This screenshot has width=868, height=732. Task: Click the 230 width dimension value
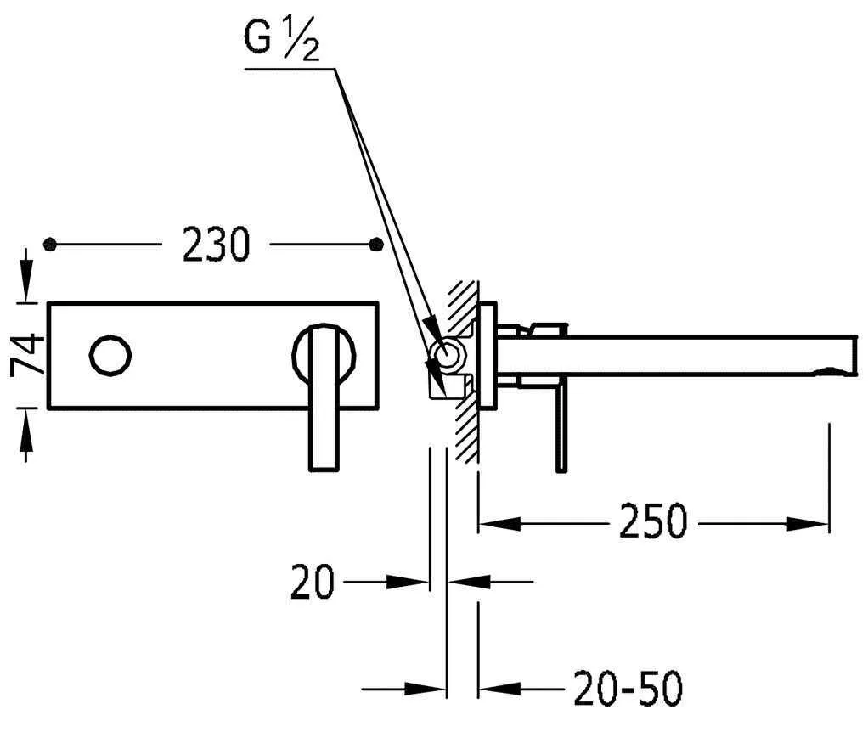216,245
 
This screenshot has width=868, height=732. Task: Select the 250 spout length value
651,521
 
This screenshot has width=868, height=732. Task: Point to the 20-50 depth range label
628,690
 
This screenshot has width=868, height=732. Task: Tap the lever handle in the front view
323,399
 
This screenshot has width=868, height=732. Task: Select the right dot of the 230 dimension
378,245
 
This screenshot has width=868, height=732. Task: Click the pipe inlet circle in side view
445,354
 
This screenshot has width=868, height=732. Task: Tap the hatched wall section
465,374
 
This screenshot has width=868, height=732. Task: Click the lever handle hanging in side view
561,429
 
